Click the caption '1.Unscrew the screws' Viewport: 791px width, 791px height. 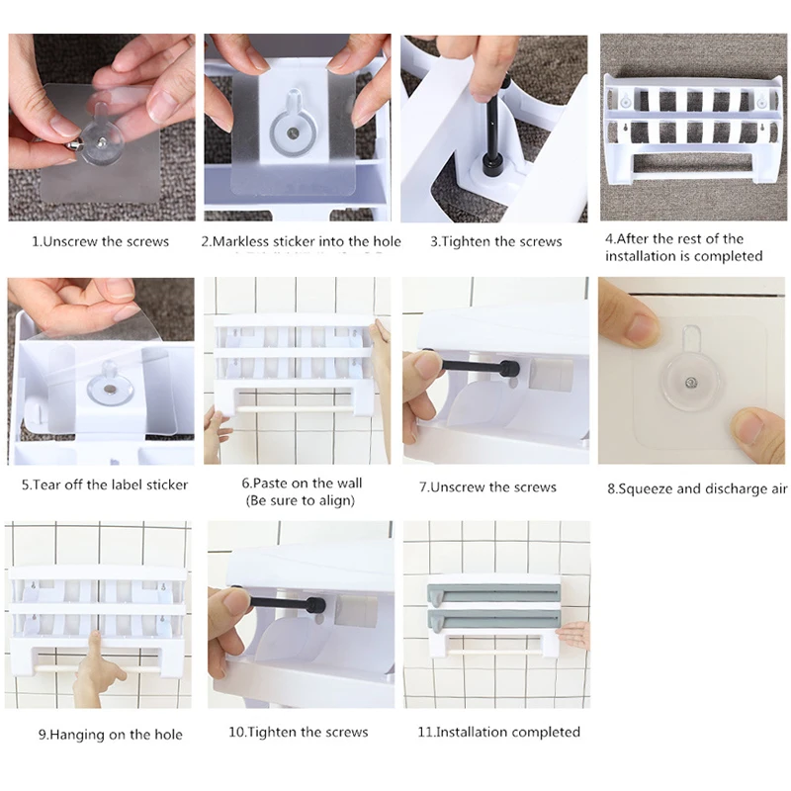pos(101,241)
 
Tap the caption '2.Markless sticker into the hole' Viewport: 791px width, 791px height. pos(302,241)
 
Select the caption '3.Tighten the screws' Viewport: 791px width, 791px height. pos(496,241)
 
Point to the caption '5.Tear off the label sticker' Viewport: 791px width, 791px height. pos(105,485)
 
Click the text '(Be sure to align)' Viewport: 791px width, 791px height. pos(301,501)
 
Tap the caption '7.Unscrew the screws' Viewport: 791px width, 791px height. pos(487,487)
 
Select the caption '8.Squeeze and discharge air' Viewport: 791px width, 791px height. pos(697,489)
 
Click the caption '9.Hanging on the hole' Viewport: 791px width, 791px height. pos(111,735)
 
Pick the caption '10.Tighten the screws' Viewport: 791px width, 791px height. pos(299,733)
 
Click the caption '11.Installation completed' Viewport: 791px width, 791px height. pos(499,732)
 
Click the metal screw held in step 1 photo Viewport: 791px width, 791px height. pos(74,145)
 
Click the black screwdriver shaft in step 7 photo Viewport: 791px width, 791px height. pos(471,366)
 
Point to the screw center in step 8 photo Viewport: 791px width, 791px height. pos(691,384)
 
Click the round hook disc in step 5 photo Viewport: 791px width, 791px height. pos(111,389)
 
